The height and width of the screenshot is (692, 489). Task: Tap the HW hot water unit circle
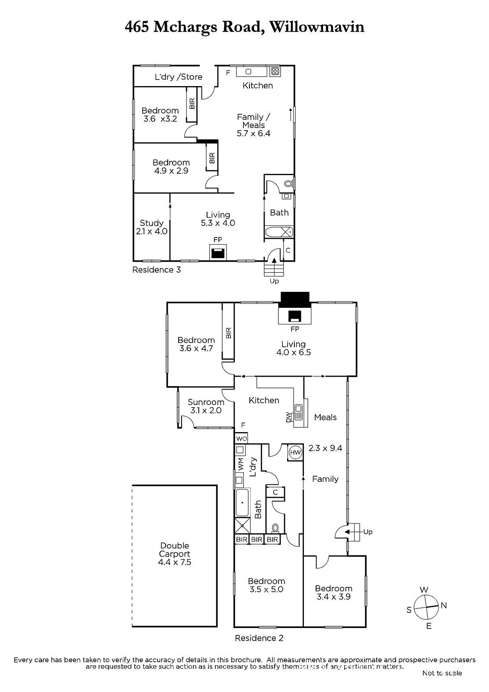(x=295, y=452)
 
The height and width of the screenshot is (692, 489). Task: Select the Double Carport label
(x=175, y=554)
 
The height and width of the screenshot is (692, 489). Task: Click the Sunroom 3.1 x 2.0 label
(x=206, y=406)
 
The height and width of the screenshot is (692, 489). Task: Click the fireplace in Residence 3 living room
(x=218, y=252)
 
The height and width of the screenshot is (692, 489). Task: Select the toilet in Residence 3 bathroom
(x=288, y=184)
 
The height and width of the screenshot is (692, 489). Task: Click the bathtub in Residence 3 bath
(x=279, y=232)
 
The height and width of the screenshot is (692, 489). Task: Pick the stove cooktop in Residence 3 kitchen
(x=275, y=72)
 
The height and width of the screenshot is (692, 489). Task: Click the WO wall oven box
(x=241, y=439)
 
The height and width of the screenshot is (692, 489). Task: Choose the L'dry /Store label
(x=179, y=77)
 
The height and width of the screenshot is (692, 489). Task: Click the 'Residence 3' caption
(x=157, y=270)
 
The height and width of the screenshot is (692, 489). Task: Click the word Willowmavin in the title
(x=317, y=27)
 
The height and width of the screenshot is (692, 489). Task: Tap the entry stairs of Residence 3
(x=274, y=268)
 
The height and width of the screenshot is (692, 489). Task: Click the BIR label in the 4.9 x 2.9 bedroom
(x=212, y=158)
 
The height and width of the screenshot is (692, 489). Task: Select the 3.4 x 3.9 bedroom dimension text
(x=333, y=596)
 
